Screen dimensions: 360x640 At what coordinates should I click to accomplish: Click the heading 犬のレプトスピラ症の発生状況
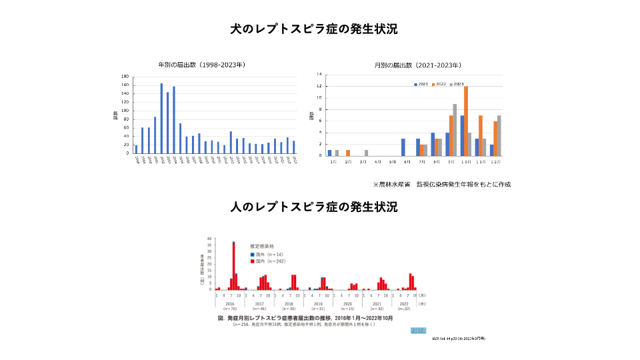coord(319,29)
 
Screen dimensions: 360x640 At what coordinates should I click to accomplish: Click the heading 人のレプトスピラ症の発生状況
coord(319,207)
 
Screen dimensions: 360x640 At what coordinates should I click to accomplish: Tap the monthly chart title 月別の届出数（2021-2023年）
coord(418,65)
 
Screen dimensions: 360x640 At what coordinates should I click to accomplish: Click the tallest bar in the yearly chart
coord(161,118)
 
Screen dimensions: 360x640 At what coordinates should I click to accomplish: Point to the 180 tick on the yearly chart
coord(125,77)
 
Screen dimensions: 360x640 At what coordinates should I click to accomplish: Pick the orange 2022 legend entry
coord(439,84)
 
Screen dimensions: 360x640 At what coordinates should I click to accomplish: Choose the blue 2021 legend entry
coord(421,84)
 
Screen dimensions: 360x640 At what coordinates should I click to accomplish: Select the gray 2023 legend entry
coord(457,84)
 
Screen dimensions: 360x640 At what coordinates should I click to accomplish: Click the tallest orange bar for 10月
coord(466,121)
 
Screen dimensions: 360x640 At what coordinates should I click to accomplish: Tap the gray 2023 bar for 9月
coord(455,129)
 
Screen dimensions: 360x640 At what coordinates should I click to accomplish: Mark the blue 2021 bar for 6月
coord(403,147)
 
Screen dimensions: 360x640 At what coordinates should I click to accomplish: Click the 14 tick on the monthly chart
coord(319,75)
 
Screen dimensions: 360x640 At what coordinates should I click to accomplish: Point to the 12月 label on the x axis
coord(495,162)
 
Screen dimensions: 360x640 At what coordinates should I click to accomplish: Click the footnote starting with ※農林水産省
coord(445,183)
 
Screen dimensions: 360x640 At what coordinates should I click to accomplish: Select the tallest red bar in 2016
coord(233,265)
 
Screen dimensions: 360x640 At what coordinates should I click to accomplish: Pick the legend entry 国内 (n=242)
coord(266,261)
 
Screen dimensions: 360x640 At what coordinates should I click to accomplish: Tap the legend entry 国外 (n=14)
coord(265,254)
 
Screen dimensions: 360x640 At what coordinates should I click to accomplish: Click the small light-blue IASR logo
coord(418,331)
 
